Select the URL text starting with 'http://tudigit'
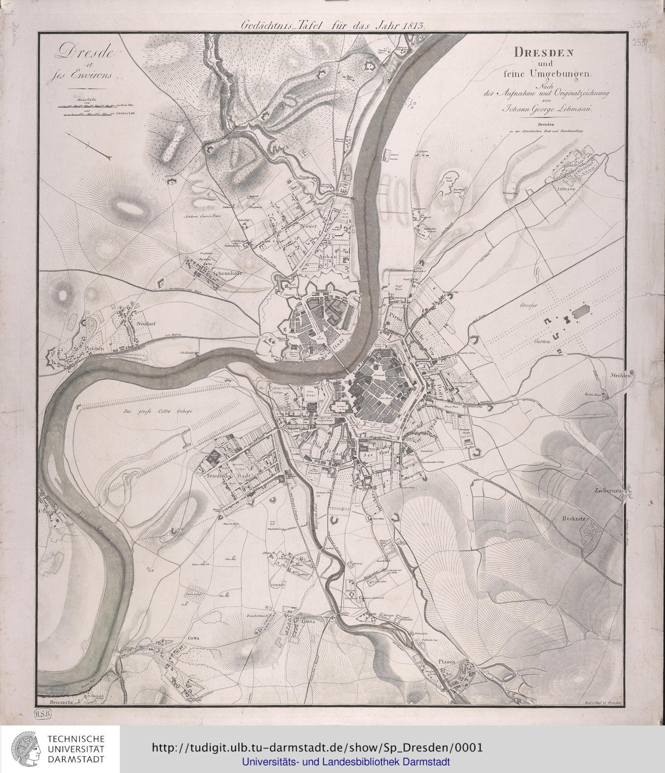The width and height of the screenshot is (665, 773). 317,747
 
